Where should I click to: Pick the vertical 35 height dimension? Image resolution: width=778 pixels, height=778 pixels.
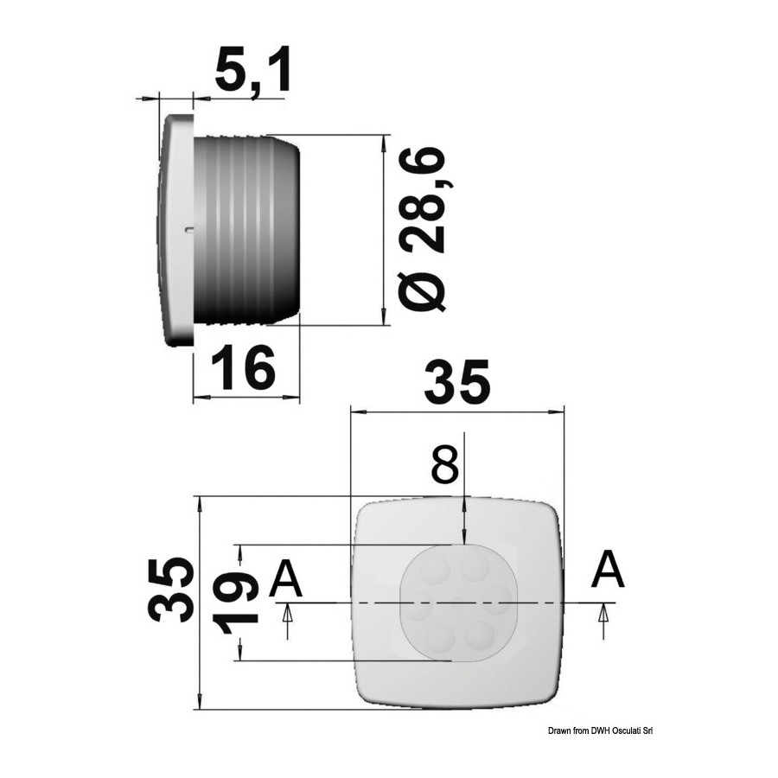[x=170, y=590]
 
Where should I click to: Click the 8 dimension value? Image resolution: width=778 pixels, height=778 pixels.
[x=445, y=465]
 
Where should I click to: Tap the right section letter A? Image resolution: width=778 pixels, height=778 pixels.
[x=608, y=571]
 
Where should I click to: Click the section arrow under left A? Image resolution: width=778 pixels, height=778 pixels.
[x=287, y=620]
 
